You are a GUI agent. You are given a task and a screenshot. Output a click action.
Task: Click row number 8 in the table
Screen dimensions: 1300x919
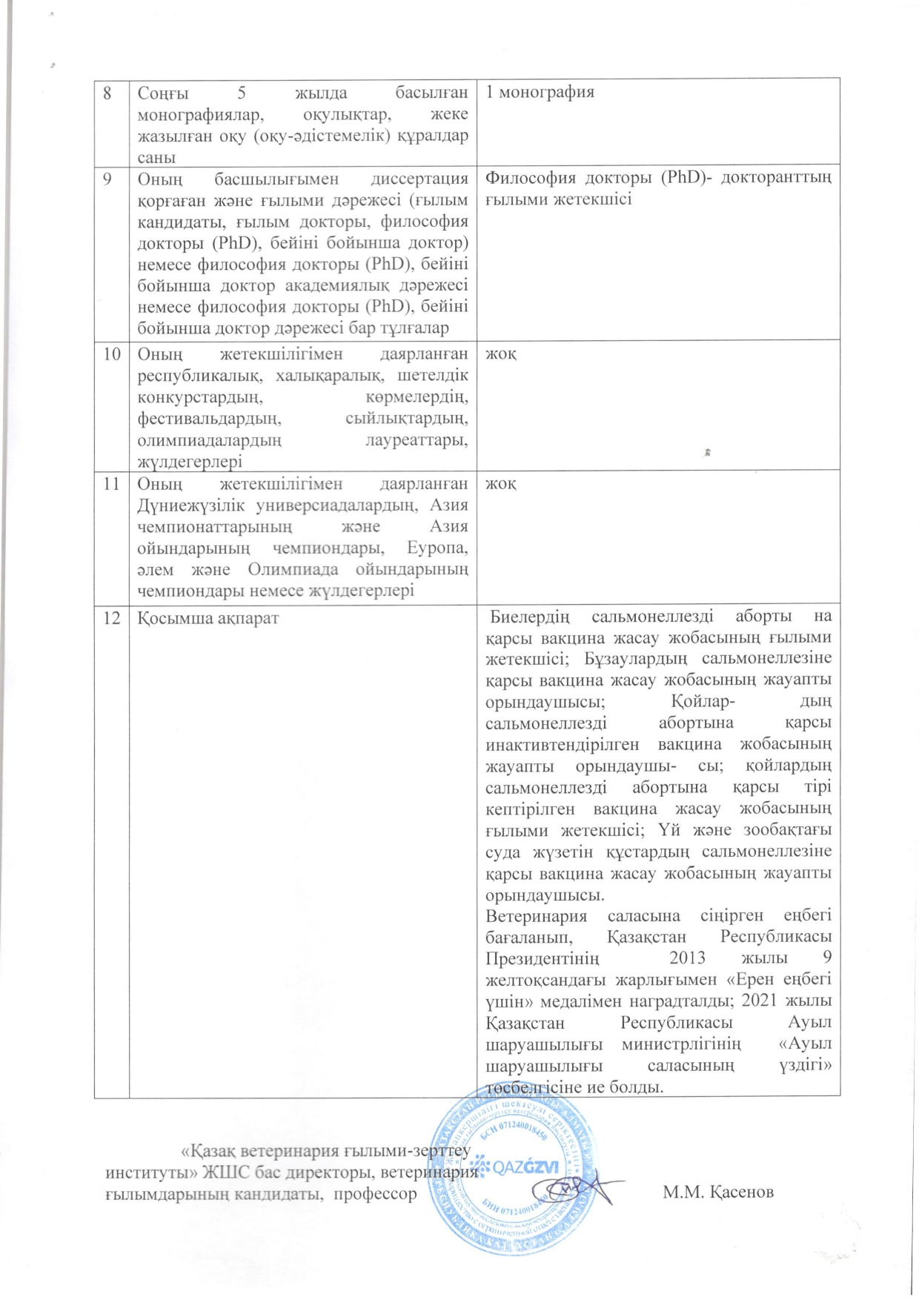point(107,93)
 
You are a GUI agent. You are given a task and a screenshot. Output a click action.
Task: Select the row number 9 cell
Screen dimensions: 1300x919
point(108,179)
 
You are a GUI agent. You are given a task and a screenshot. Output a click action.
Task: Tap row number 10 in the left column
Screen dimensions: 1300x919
point(111,354)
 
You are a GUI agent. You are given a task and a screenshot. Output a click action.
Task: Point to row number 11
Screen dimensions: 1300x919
point(111,484)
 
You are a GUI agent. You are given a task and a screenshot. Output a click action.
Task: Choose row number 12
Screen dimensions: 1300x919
point(111,616)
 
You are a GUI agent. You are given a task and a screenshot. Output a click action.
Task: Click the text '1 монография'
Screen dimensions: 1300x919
point(540,93)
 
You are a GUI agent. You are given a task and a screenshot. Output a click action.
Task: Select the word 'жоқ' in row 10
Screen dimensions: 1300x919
point(501,354)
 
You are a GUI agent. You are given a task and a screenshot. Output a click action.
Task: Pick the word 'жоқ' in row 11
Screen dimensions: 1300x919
point(501,484)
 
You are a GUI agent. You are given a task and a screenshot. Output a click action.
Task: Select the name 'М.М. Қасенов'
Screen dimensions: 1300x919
point(718,1192)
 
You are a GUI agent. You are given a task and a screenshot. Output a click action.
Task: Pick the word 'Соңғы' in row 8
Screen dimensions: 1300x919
point(162,93)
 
